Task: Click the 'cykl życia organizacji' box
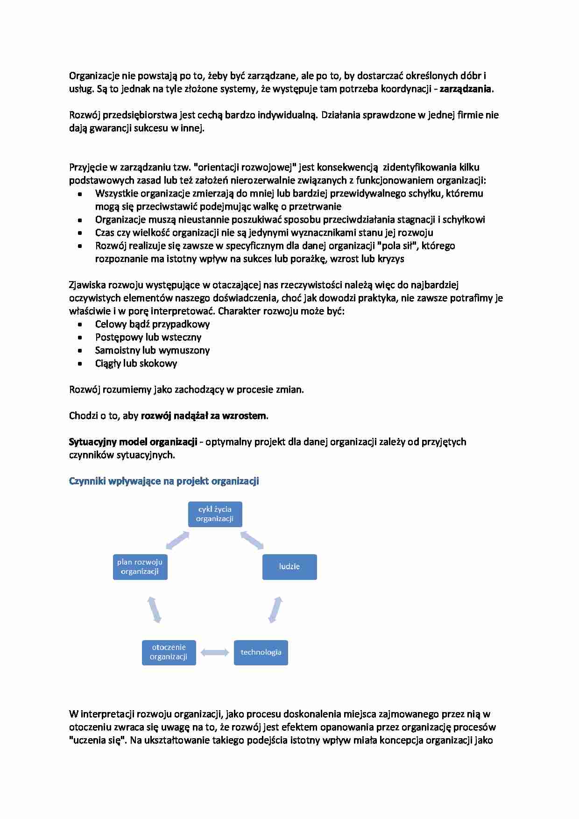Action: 215,514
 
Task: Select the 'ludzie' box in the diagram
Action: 289,567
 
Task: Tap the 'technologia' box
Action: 261,652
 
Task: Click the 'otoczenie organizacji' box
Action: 169,652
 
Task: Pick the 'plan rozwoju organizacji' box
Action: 140,567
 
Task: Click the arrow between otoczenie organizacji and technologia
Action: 215,653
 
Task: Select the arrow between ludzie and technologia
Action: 275,610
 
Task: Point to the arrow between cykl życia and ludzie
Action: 252,540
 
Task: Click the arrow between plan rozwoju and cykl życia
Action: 177,540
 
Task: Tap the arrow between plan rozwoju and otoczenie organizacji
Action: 154,610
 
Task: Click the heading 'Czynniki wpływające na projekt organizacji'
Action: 164,481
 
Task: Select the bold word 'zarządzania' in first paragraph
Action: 465,89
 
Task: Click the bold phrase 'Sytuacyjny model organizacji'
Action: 133,442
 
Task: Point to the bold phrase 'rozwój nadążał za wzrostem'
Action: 204,416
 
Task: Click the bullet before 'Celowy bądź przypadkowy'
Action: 80,325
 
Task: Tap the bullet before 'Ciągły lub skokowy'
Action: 80,364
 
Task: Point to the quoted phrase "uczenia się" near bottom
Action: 97,740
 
